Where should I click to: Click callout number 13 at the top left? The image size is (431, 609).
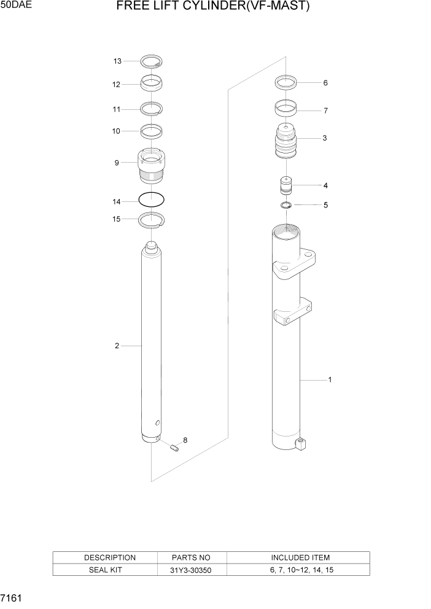pyautogui.click(x=117, y=61)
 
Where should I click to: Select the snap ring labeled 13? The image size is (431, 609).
pyautogui.click(x=151, y=61)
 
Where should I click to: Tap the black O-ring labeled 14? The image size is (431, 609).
pyautogui.click(x=151, y=200)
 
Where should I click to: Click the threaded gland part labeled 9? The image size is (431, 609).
pyautogui.click(x=151, y=167)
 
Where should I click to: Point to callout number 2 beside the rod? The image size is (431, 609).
pyautogui.click(x=116, y=346)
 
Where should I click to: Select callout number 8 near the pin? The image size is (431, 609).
pyautogui.click(x=185, y=440)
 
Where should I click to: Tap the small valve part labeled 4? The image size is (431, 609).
pyautogui.click(x=285, y=185)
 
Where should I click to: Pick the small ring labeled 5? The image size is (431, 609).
pyautogui.click(x=285, y=204)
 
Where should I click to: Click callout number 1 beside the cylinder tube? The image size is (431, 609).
pyautogui.click(x=330, y=380)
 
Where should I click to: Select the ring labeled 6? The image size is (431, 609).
pyautogui.click(x=285, y=82)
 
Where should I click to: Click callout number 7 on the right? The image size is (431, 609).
pyautogui.click(x=325, y=111)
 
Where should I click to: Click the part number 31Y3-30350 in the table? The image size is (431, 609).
pyautogui.click(x=192, y=570)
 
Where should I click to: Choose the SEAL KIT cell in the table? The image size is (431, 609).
pyautogui.click(x=110, y=570)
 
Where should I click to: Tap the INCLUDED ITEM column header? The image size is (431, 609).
pyautogui.click(x=300, y=558)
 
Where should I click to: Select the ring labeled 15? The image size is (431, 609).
pyautogui.click(x=151, y=219)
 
